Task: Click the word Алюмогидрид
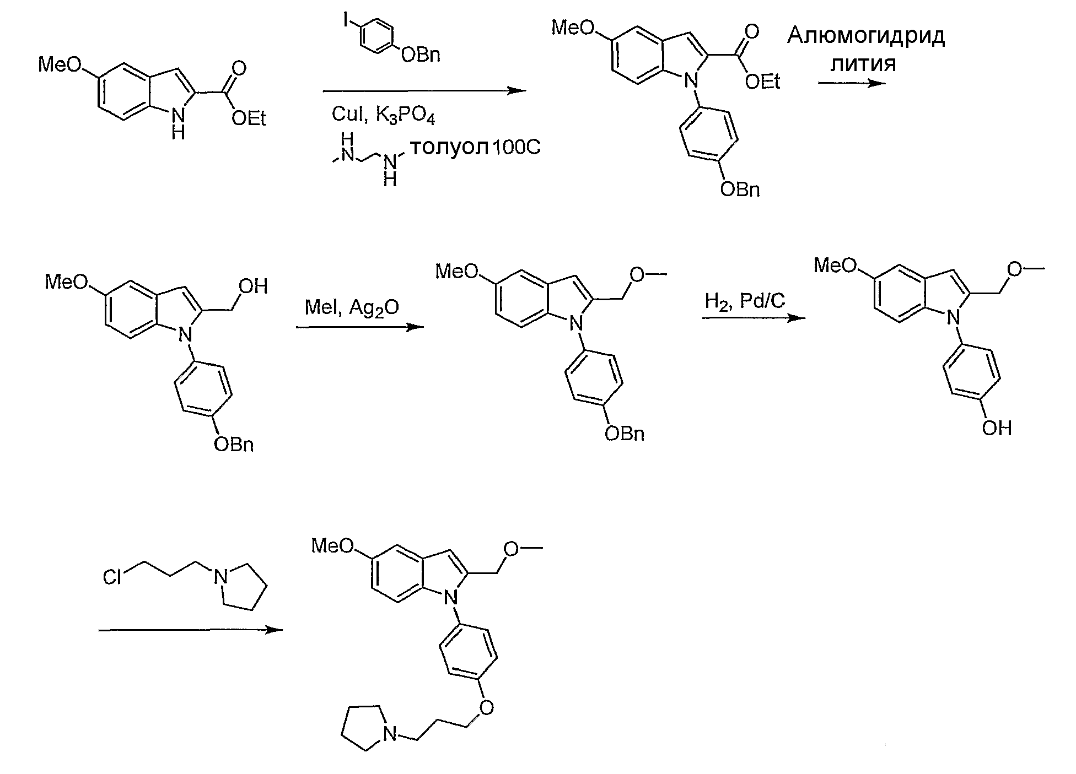[x=866, y=37]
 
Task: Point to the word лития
[x=863, y=64]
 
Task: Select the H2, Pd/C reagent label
[x=745, y=301]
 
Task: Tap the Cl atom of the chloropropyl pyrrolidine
[x=112, y=577]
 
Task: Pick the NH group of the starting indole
[x=178, y=122]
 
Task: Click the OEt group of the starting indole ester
[x=249, y=118]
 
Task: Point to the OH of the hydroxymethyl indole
[x=254, y=286]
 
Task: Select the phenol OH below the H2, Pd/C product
[x=997, y=428]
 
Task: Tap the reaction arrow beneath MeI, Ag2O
[x=360, y=327]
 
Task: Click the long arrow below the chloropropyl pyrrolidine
[x=190, y=630]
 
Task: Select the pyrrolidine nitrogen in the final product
[x=390, y=734]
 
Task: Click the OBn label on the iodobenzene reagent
[x=421, y=55]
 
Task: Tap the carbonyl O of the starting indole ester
[x=239, y=69]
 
